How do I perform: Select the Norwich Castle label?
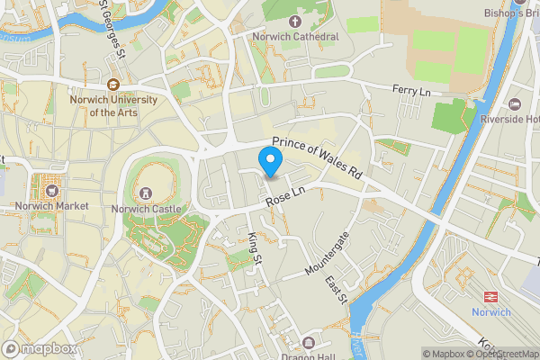[x=146, y=209]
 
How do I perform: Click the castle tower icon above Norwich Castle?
[x=146, y=193]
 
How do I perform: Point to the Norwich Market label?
[x=51, y=205]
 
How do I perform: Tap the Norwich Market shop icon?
[x=51, y=190]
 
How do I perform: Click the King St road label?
[x=254, y=248]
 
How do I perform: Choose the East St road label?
[x=336, y=290]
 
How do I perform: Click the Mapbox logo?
[x=39, y=348]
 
